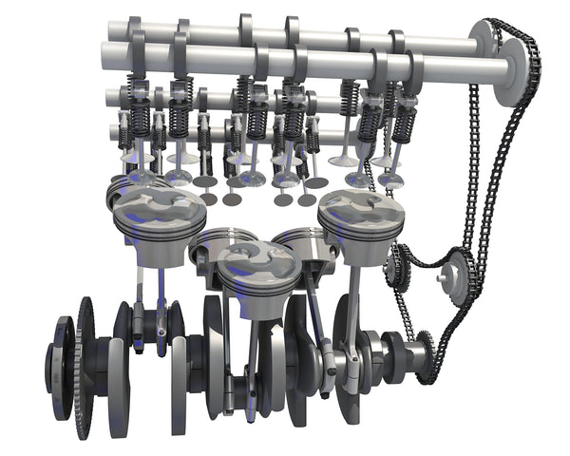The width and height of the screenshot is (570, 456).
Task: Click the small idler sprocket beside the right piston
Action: point(398,266)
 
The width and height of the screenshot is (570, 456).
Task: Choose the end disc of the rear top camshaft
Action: point(484,40)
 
